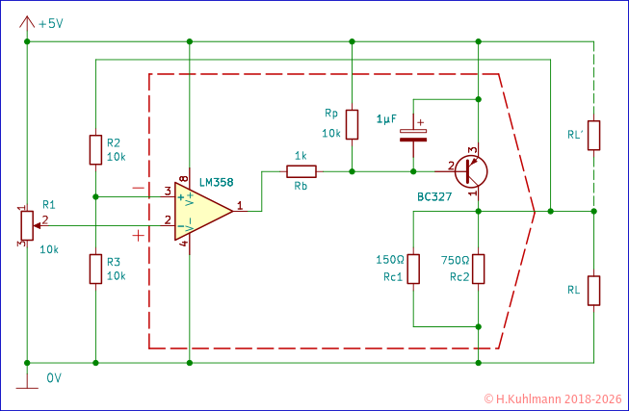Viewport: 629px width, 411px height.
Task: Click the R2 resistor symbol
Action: point(95,150)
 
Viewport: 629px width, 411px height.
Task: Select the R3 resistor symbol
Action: point(95,269)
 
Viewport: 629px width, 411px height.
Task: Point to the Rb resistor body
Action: point(300,171)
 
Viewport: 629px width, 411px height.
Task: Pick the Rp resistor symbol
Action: point(353,124)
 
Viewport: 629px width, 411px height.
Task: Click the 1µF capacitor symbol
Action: point(413,133)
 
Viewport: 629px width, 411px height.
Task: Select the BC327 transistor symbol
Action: point(471,171)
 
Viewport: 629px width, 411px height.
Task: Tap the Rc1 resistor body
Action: point(413,269)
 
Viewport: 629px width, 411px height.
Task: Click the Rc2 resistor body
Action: point(479,269)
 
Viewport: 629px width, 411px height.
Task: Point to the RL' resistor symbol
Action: point(594,136)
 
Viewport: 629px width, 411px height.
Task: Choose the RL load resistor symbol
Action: point(594,289)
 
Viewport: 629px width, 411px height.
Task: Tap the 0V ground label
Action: point(54,378)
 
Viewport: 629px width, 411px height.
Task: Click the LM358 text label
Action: point(215,181)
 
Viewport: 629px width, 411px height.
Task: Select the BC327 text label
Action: point(435,197)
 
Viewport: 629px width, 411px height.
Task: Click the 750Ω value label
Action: point(454,260)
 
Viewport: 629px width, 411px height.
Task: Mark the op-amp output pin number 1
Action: point(238,204)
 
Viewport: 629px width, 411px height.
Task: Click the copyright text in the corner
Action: point(553,398)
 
